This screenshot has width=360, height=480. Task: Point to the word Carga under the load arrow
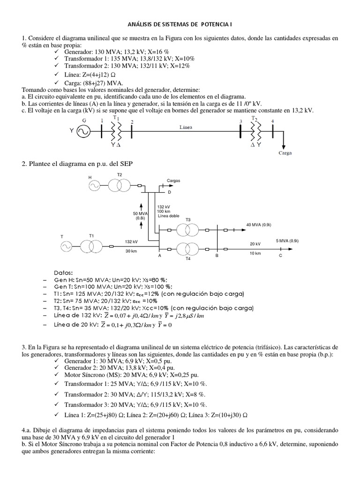click(x=285, y=153)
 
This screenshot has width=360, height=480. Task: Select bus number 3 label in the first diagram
click(x=240, y=121)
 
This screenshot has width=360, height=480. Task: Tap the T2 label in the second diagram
click(x=119, y=174)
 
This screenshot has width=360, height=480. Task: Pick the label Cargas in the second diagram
click(x=173, y=180)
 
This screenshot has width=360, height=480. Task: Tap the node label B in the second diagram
click(x=217, y=256)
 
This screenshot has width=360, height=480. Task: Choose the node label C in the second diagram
click(x=280, y=256)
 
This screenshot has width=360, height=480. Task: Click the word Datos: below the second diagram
click(x=64, y=272)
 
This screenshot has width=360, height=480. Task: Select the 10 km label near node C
click(x=255, y=254)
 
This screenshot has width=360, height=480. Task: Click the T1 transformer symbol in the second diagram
click(x=91, y=245)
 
